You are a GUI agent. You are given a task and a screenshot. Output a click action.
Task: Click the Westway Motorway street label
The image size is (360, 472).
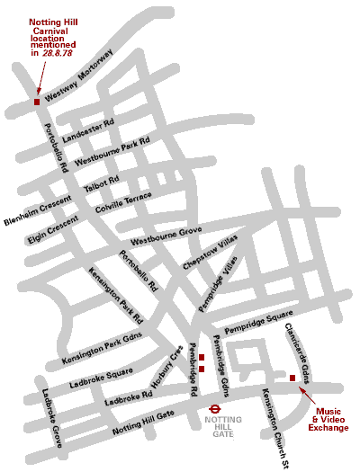[79, 76]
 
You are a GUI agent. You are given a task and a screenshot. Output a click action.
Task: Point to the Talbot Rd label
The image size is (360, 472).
[102, 183]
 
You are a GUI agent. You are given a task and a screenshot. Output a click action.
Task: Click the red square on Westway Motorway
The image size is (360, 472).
[37, 102]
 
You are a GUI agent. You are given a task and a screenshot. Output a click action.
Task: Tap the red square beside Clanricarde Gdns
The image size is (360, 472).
[292, 378]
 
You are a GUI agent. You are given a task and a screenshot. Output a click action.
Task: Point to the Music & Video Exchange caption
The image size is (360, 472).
[329, 419]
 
